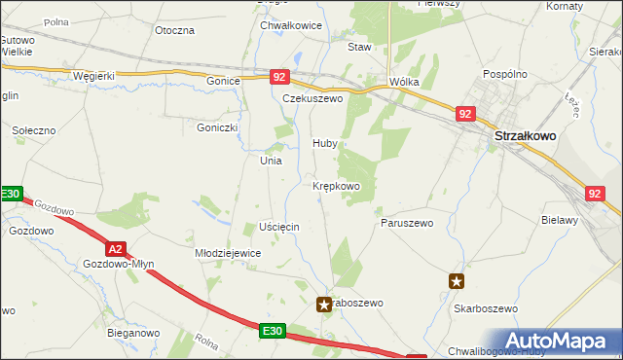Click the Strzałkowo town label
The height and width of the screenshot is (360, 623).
pos(526,137)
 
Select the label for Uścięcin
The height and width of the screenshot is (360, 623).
pos(279,226)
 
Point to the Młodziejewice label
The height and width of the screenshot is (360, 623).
pos(228,252)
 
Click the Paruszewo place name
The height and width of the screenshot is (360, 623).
pos(405,222)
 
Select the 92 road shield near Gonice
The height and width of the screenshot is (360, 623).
pos(279,76)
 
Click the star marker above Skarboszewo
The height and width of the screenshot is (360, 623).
pos(457,282)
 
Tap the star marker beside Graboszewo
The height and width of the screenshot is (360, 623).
pos(324,305)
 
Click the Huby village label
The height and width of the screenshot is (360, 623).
pos(324,143)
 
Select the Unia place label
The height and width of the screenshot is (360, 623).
pos(270,161)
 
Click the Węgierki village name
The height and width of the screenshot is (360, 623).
pos(93,76)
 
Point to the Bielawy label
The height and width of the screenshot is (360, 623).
pos(560,220)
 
